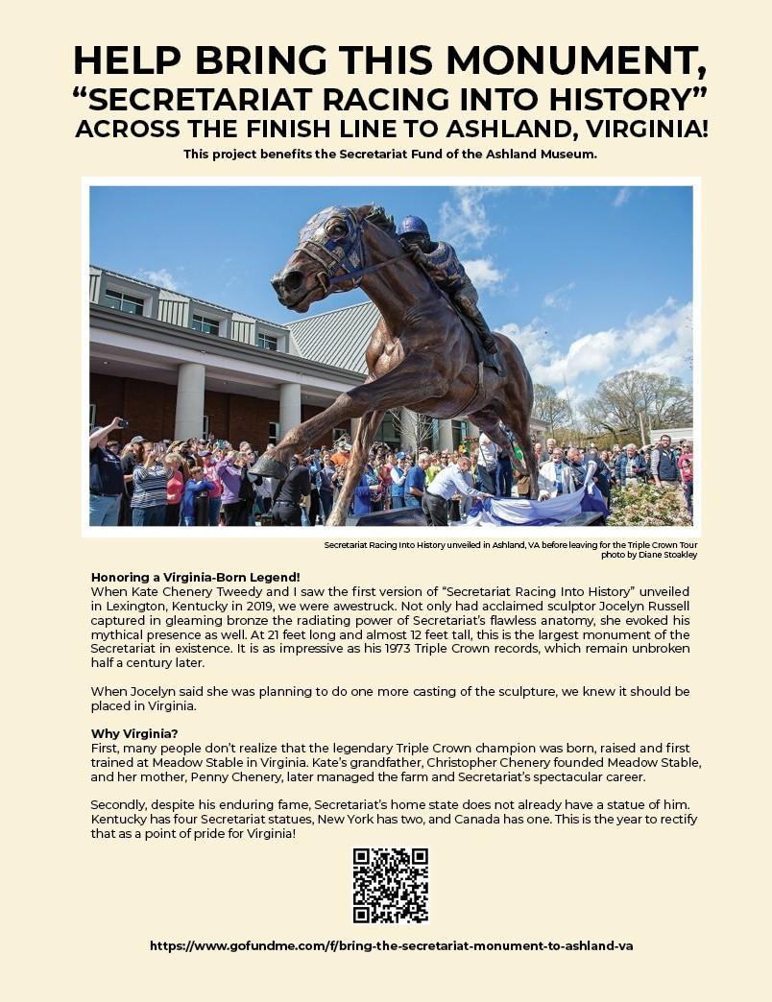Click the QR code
[x=390, y=884]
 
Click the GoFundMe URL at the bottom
[x=391, y=945]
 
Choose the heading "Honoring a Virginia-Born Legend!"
[x=195, y=577]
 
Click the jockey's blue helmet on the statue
[x=412, y=227]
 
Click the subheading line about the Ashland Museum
[x=390, y=155]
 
